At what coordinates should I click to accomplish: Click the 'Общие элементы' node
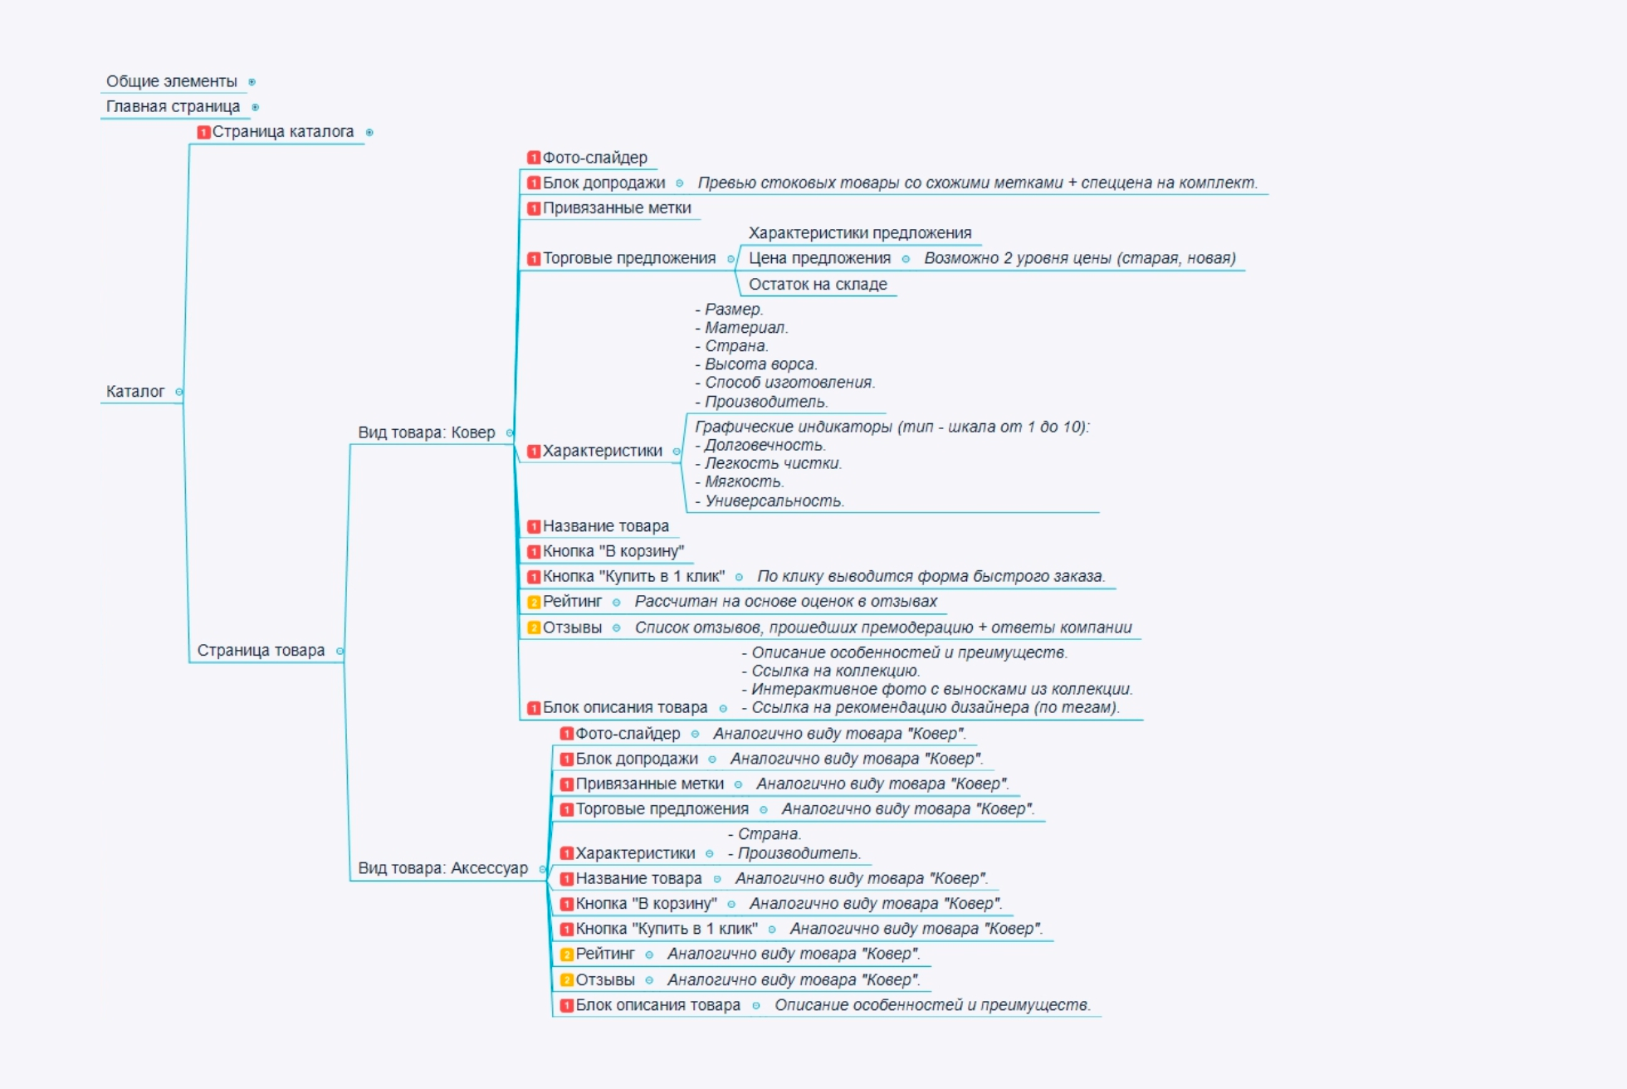(x=171, y=81)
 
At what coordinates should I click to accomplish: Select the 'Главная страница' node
(x=173, y=106)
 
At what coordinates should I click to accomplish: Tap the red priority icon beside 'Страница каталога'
(x=203, y=132)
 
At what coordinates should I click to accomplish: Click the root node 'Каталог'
(x=135, y=391)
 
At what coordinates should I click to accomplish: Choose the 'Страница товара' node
(x=261, y=651)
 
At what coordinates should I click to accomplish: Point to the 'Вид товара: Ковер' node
(x=426, y=432)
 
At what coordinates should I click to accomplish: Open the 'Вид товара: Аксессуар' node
(x=442, y=868)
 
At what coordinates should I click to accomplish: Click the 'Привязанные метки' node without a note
(x=617, y=208)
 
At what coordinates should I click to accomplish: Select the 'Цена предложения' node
(x=819, y=258)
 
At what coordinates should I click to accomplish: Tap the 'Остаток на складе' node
(x=818, y=284)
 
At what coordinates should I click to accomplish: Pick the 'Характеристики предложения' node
(x=860, y=233)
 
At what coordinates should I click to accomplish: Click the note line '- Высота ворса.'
(x=760, y=364)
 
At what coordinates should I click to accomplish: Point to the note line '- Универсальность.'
(x=773, y=501)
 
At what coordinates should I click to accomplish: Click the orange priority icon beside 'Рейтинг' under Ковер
(x=535, y=602)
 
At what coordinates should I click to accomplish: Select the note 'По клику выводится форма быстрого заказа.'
(x=931, y=576)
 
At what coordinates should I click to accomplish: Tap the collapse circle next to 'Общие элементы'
(x=252, y=82)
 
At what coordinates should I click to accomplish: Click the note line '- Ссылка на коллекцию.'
(x=834, y=671)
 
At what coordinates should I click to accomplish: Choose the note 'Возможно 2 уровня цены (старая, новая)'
(x=1080, y=258)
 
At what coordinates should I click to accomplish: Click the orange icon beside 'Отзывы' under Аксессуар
(x=567, y=980)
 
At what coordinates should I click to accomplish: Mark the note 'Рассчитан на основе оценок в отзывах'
(x=785, y=602)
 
